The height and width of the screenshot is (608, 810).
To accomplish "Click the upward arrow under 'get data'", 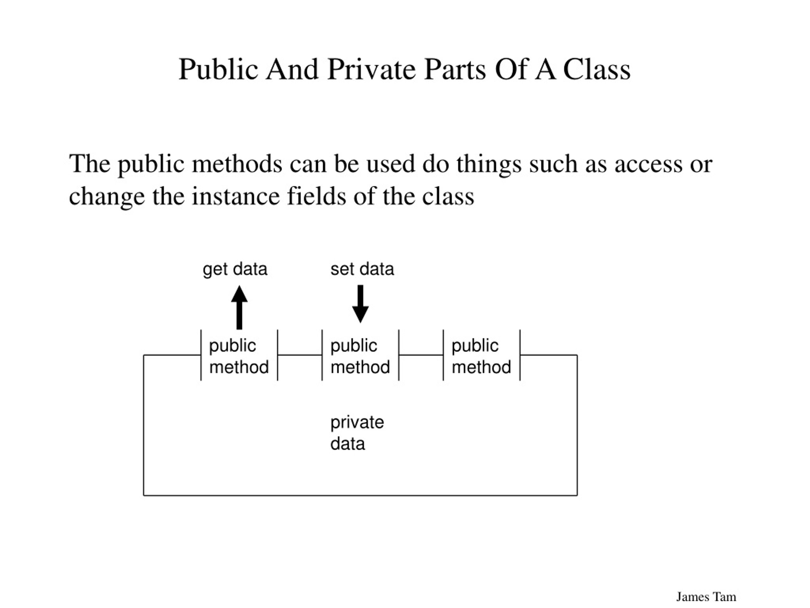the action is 239,307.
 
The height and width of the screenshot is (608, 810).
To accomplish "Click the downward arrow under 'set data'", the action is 360,304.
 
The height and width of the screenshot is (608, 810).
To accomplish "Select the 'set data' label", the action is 362,269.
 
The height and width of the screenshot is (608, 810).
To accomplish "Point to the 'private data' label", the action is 357,433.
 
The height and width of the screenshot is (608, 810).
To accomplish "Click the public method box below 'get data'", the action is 239,355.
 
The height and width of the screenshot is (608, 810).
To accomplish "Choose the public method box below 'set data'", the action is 360,355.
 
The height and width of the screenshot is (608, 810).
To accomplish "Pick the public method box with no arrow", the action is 482,355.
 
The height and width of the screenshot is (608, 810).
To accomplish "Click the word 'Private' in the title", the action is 372,69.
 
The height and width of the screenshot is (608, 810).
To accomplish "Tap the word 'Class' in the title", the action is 597,69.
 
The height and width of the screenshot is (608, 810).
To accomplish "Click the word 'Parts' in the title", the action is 455,69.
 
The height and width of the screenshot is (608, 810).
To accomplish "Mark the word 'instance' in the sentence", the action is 235,196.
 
